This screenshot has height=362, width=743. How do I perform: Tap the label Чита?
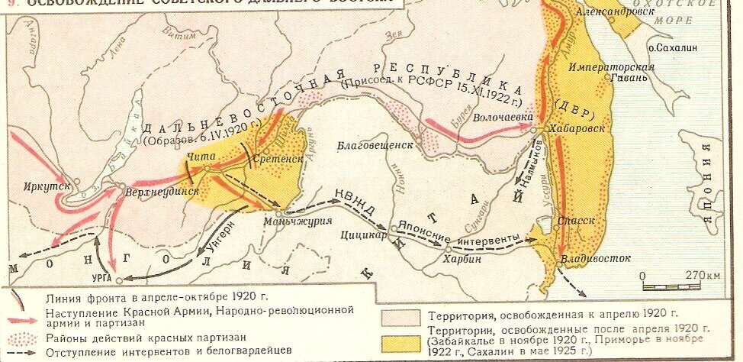pos(198,156)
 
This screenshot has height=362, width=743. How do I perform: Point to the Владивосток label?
pos(587,259)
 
